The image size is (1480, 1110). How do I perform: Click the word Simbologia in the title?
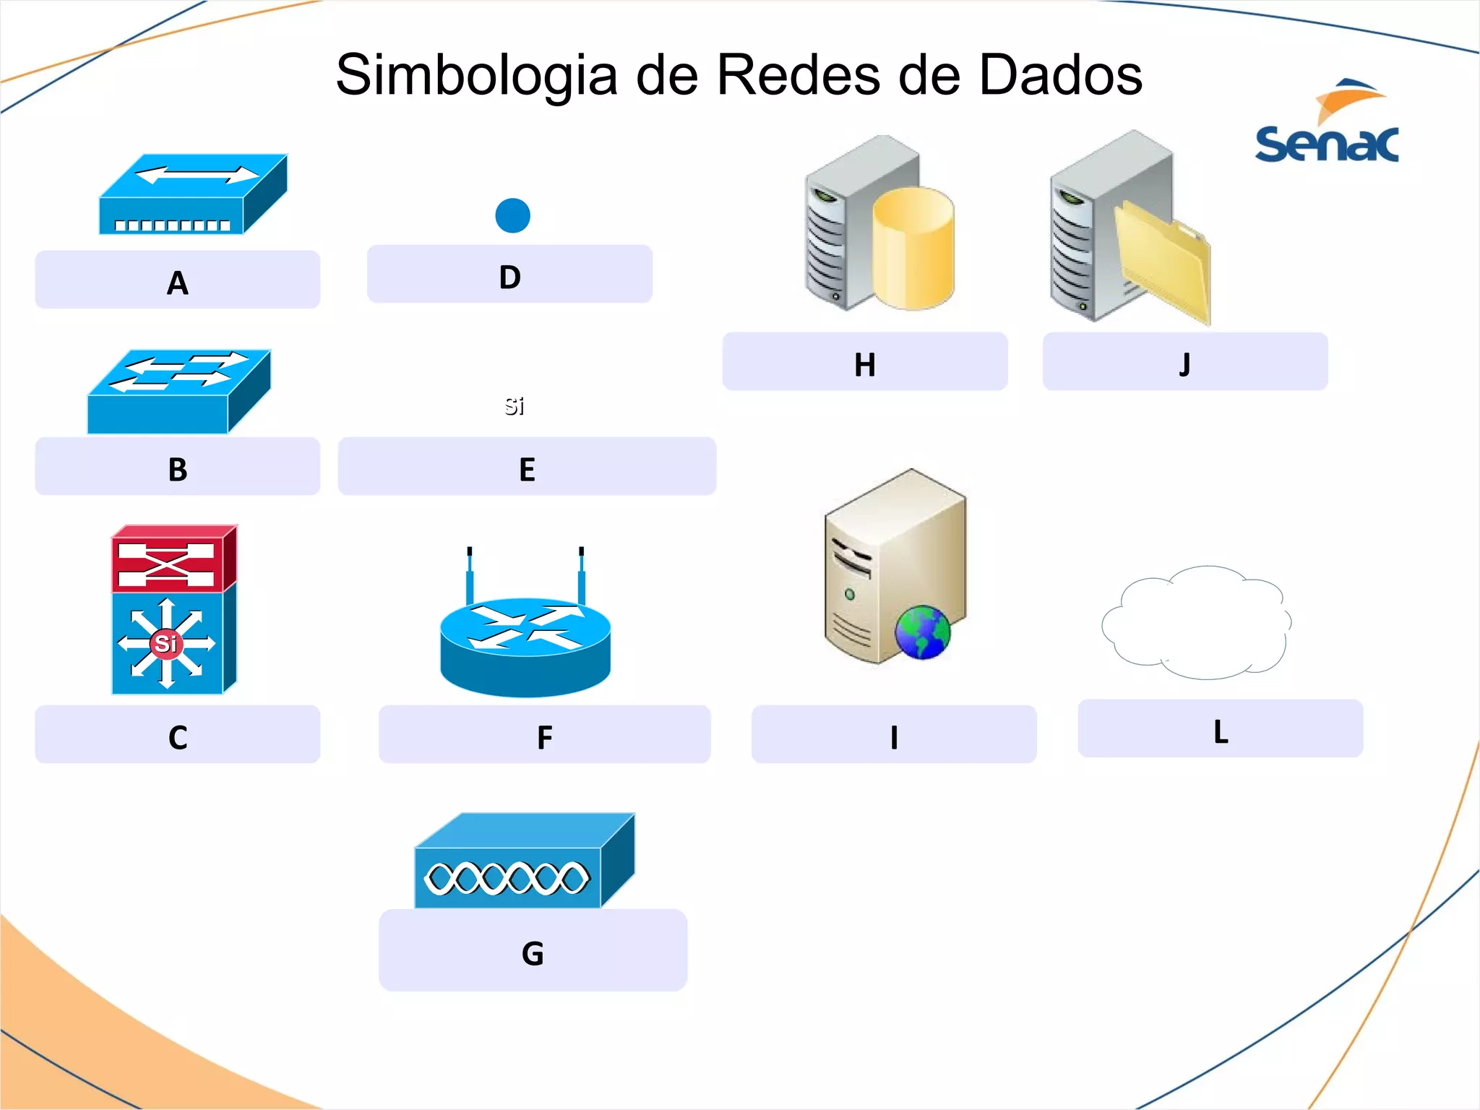point(477,75)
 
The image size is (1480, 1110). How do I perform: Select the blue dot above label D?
point(512,215)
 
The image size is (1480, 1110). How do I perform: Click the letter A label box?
point(177,280)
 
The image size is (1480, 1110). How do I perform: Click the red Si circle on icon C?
point(166,642)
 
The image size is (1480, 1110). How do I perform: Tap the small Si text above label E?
point(514,406)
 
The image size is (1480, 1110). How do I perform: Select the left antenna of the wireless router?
point(470,575)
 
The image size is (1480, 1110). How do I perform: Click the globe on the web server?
point(922,632)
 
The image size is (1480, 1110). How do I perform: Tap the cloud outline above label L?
point(1196,623)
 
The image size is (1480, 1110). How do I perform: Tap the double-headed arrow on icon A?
point(197,175)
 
